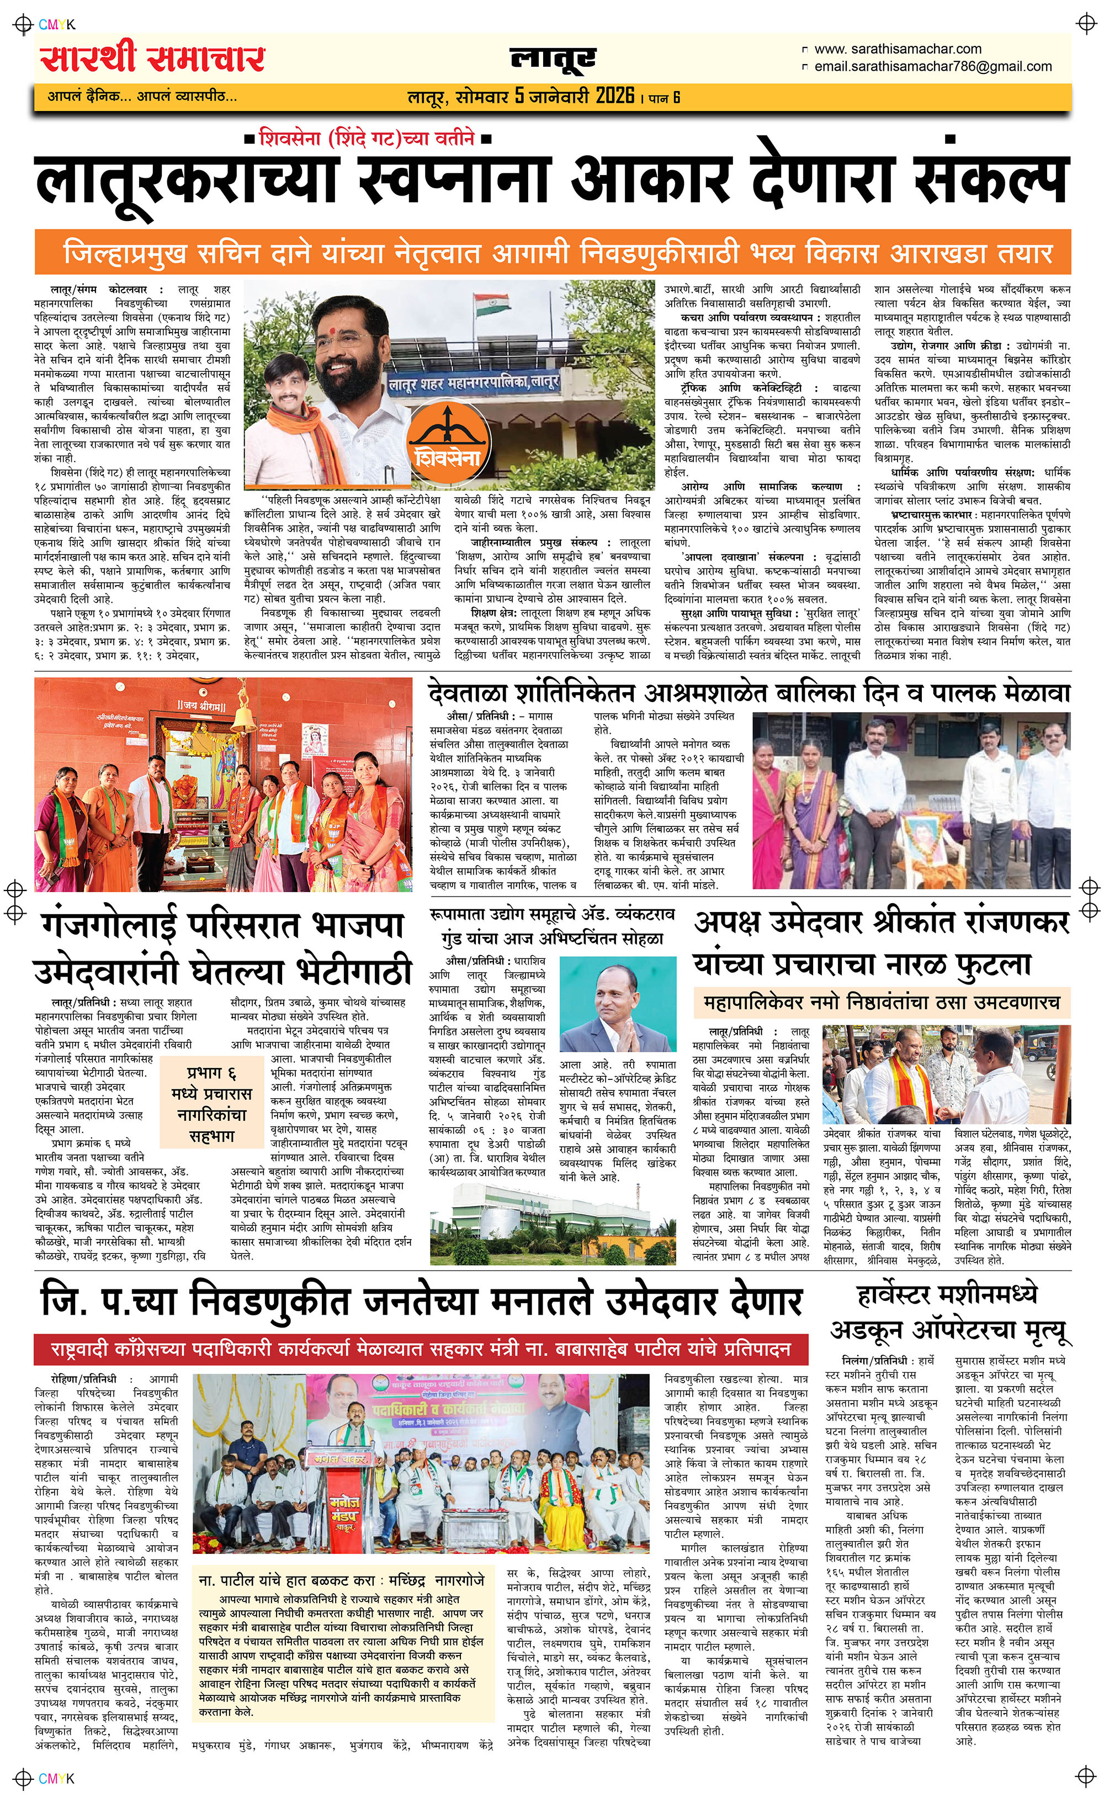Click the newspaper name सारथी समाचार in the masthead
(x=152, y=59)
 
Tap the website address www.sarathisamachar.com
(x=898, y=49)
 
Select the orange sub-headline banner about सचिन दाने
(x=553, y=254)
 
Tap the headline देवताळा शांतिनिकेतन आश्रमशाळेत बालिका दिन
(x=749, y=693)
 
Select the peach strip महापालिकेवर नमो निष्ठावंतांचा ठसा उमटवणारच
(x=882, y=1003)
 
